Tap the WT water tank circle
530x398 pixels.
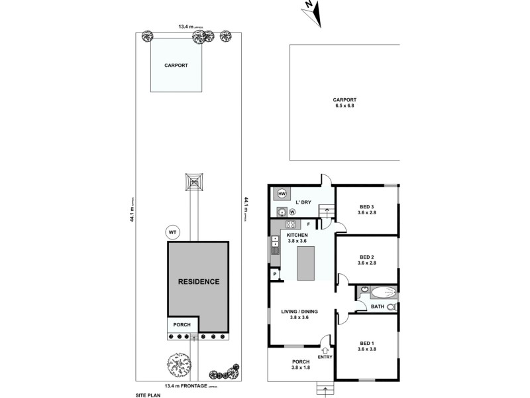coord(172,232)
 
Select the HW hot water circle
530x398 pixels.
coord(282,194)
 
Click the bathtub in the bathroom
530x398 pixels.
coord(382,293)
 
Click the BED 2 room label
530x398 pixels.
coord(367,260)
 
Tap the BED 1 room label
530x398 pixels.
coord(367,346)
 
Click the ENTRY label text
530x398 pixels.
coord(325,358)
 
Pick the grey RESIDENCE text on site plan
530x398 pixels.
coord(199,281)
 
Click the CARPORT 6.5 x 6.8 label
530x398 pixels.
coord(344,103)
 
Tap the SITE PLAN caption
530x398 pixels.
coord(149,394)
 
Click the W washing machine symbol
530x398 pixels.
coord(292,212)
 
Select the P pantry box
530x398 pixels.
coord(274,273)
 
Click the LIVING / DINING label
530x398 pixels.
coord(300,314)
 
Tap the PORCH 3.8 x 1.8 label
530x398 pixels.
coord(300,364)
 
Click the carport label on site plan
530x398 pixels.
coord(176,65)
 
